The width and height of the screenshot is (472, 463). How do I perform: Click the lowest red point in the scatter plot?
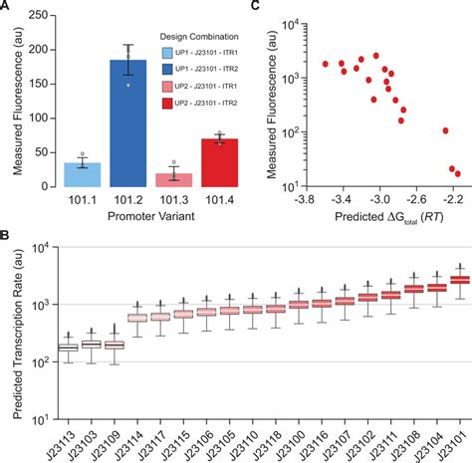[x=457, y=173]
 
